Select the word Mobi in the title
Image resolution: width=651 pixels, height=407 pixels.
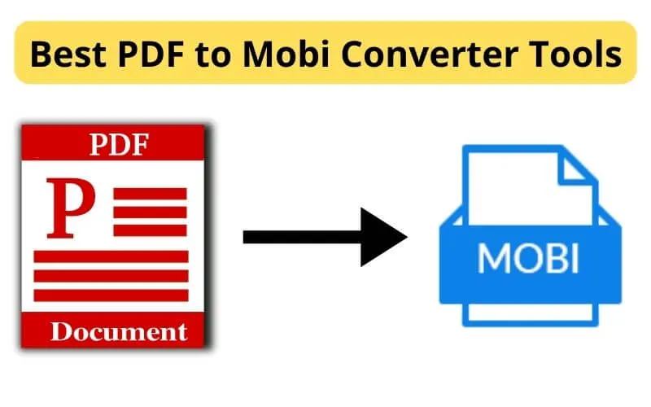tap(273, 55)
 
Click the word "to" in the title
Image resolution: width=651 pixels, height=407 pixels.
tap(206, 55)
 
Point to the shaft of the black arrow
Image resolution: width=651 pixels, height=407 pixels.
tap(301, 236)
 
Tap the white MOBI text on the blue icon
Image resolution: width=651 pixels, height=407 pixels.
tap(528, 259)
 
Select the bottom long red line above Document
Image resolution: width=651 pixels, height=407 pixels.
tap(111, 296)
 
